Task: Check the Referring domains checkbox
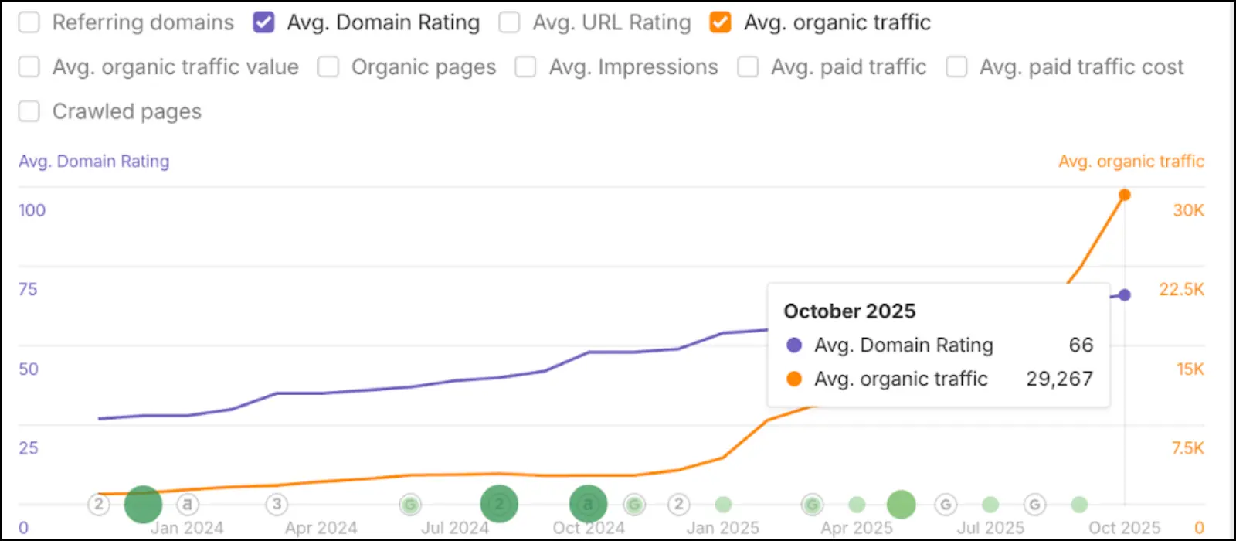29,22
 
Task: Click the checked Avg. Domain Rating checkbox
264,22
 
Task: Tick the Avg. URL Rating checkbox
509,22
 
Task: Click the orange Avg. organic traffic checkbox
720,22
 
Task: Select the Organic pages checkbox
328,67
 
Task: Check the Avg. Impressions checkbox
525,67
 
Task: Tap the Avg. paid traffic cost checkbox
956,67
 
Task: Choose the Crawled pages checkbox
29,111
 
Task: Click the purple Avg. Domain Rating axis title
93,162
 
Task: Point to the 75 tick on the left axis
28,290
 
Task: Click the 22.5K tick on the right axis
1181,290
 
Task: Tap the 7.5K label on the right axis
1187,448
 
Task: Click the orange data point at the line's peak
1125,195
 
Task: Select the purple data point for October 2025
1125,294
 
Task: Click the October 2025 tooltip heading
849,311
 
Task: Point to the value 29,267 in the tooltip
1059,379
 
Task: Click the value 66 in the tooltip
1081,345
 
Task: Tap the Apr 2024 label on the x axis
321,528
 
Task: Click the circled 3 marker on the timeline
277,505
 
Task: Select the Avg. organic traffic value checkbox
29,67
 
